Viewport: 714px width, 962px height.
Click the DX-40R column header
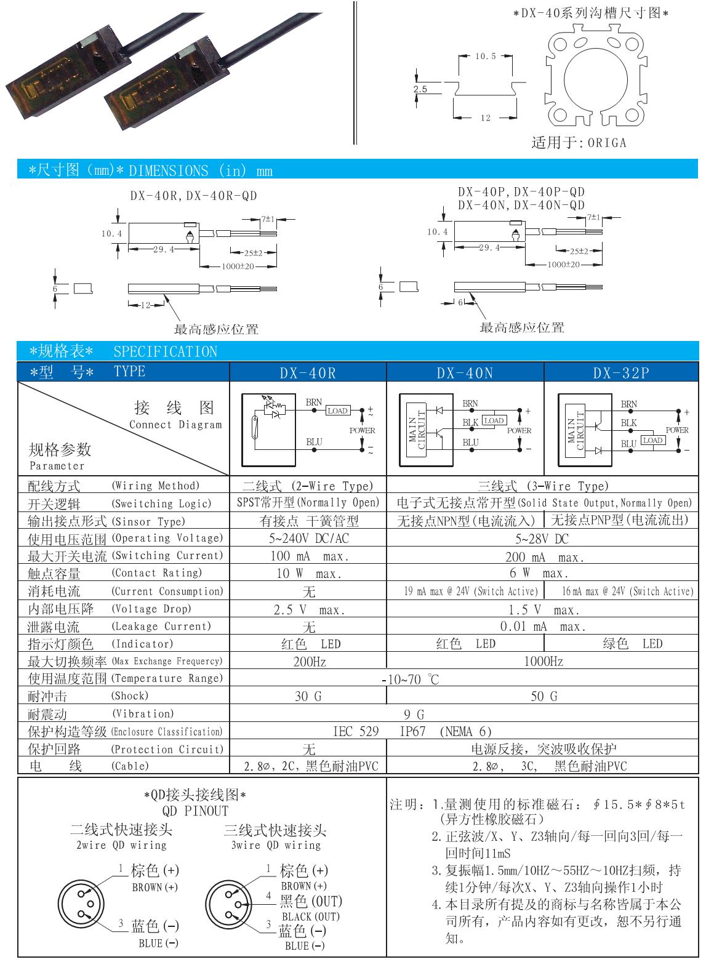point(308,373)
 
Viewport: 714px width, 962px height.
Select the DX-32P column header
point(621,373)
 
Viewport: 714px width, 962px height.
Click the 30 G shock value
point(308,697)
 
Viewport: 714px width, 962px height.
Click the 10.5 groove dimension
point(485,57)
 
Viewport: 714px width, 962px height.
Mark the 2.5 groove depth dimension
point(420,89)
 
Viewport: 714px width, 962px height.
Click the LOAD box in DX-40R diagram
point(337,411)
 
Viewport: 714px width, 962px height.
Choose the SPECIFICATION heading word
point(166,351)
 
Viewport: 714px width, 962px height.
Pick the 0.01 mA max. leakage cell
point(542,627)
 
